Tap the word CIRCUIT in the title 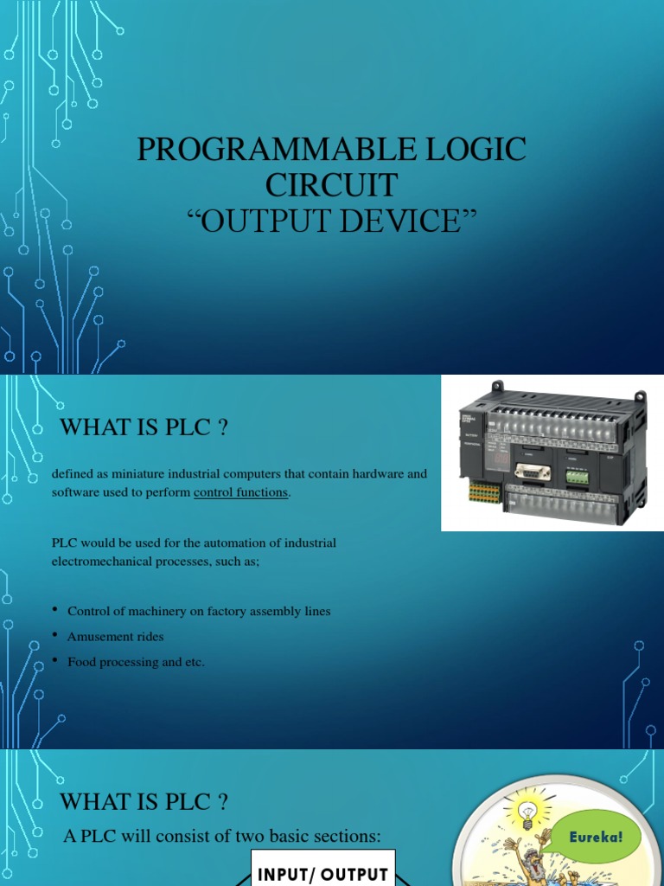[x=332, y=185]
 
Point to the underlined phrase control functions [x=241, y=493]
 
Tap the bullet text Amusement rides [x=115, y=637]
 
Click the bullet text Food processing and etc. [x=136, y=662]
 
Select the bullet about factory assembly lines [x=199, y=612]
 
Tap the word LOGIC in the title [x=476, y=150]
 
